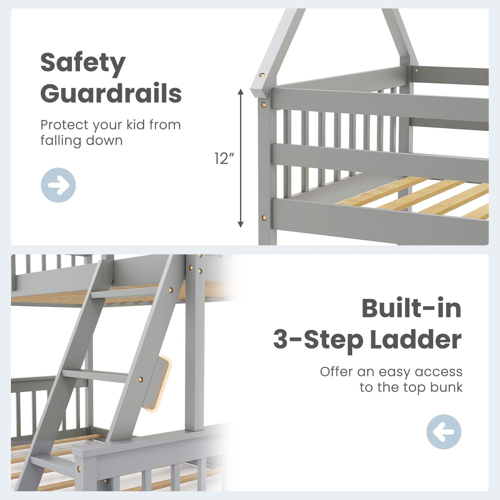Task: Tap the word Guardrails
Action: tap(111, 93)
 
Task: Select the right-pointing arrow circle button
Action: tap(58, 185)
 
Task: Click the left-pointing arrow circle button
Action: tap(444, 432)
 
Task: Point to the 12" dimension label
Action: tap(224, 158)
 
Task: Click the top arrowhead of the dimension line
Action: tap(241, 92)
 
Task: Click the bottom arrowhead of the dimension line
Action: tap(241, 224)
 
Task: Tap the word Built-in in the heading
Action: tap(411, 308)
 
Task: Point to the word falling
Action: tap(60, 141)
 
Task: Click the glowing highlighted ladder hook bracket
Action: tap(157, 383)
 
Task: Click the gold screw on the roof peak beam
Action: tap(262, 75)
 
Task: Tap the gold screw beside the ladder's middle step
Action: tap(141, 379)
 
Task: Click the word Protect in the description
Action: tap(65, 125)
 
